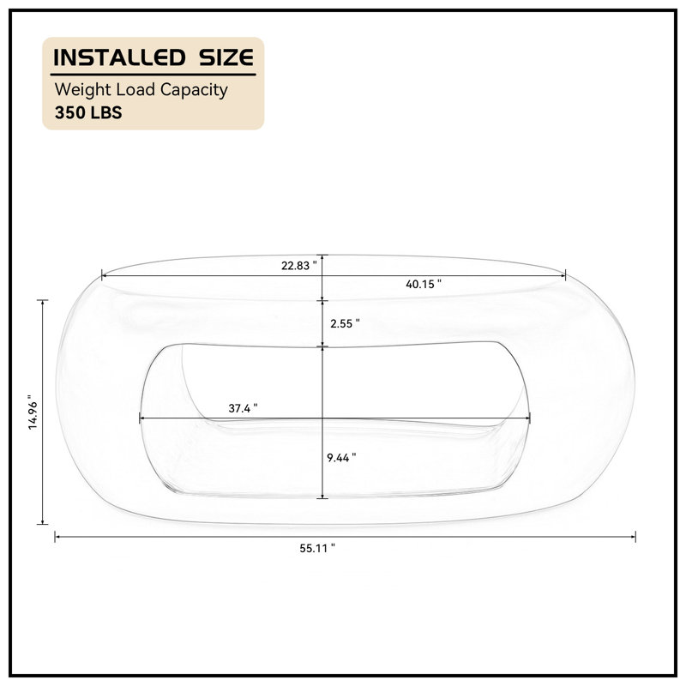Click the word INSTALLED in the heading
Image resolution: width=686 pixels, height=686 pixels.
(x=119, y=57)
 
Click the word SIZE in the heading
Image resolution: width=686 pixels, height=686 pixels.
(x=226, y=57)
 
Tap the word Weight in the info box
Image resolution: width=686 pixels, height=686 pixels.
(x=82, y=90)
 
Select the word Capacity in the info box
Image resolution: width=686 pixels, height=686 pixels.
(x=194, y=90)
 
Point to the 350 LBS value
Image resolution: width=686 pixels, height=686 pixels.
(x=88, y=113)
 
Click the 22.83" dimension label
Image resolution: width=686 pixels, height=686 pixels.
(x=298, y=266)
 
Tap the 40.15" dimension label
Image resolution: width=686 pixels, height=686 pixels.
(x=424, y=285)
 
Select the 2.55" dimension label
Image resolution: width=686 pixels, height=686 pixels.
(x=345, y=324)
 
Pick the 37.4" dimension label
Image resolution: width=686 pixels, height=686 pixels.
(x=243, y=408)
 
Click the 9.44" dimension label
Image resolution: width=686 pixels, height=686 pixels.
(x=341, y=458)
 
